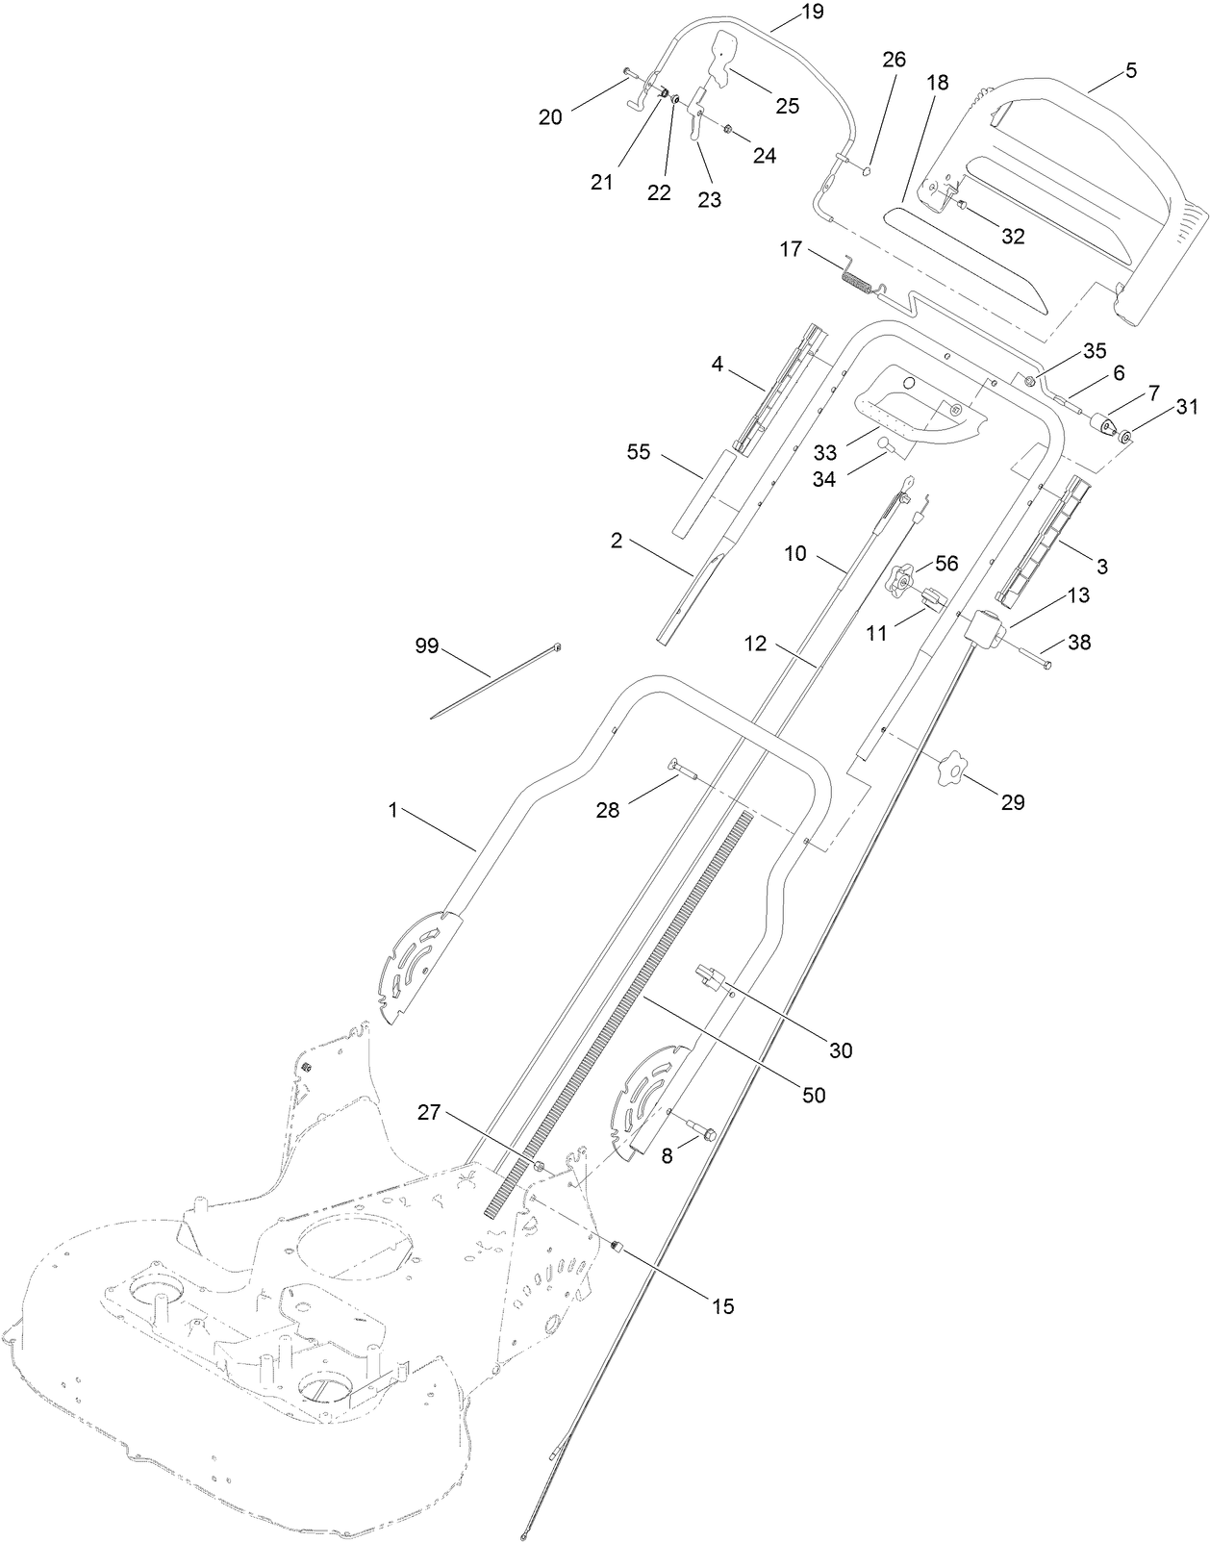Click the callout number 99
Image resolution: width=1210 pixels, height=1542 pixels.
(x=426, y=645)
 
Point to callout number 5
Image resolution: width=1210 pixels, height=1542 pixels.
(x=1130, y=70)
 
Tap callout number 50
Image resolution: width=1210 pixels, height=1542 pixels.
(x=814, y=1095)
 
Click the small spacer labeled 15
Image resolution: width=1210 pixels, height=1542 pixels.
(x=618, y=1248)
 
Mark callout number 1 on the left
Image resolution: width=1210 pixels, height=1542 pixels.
(x=392, y=811)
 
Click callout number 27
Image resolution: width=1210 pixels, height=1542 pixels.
(x=429, y=1113)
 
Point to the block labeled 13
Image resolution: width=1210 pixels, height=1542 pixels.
(x=985, y=630)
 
